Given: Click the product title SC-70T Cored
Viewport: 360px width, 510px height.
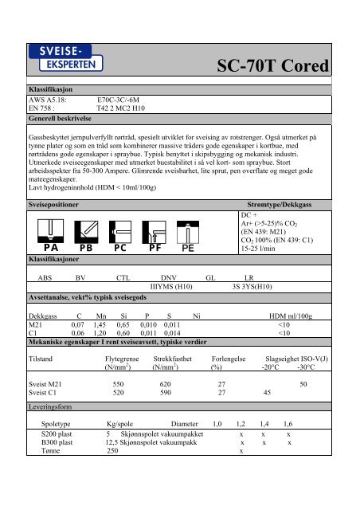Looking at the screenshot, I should click(x=280, y=66).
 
